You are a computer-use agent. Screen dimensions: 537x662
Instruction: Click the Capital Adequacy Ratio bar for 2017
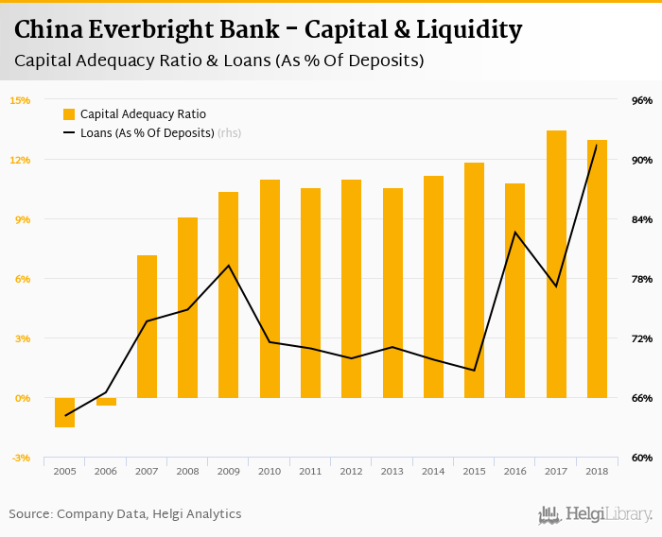[555, 264]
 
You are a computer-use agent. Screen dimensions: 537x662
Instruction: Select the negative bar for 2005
[64, 412]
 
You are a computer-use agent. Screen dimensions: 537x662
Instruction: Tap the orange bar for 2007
[147, 326]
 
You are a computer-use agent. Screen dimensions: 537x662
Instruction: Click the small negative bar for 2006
[106, 402]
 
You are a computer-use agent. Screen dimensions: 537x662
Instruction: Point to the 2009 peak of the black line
[229, 265]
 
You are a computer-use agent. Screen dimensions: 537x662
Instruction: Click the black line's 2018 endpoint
[596, 145]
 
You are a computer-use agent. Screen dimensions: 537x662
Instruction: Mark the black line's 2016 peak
[514, 232]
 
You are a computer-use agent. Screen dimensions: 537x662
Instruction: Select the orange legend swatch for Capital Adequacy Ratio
[69, 114]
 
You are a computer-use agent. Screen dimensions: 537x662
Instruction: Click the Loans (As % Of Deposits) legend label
[147, 133]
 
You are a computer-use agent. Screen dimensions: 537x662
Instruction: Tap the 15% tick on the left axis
[20, 100]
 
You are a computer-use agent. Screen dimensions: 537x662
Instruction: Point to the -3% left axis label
[20, 458]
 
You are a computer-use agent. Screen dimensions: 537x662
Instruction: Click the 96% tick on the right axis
[642, 100]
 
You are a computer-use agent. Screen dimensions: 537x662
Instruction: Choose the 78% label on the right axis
[642, 279]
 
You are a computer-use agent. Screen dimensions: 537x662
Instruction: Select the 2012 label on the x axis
[351, 471]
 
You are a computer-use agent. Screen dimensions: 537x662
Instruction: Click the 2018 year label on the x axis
[596, 471]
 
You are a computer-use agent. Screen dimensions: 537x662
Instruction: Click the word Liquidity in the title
[468, 30]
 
